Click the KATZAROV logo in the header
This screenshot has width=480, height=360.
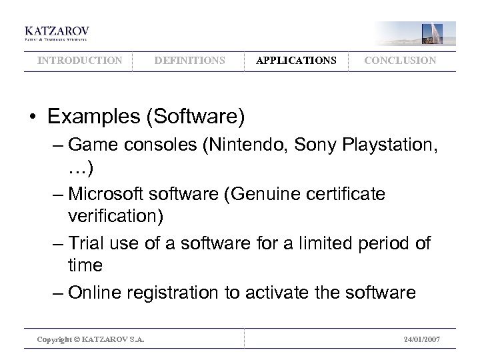click(x=57, y=33)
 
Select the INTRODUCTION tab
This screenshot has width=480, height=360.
click(x=80, y=61)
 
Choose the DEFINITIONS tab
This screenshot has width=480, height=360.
click(x=189, y=61)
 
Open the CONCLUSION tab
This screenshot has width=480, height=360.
click(x=400, y=61)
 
